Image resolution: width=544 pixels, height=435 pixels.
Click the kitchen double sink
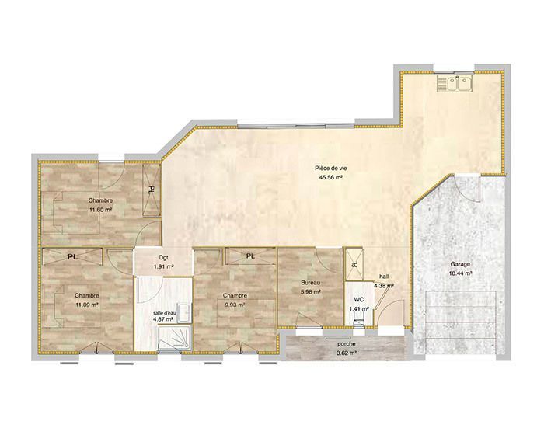tap(455, 83)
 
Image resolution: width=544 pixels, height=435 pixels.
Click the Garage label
tap(461, 264)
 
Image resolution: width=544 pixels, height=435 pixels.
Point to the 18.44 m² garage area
tap(461, 273)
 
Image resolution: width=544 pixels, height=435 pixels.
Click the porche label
tap(347, 344)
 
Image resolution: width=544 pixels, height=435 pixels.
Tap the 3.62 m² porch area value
tap(347, 353)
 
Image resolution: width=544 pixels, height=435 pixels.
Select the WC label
tap(359, 299)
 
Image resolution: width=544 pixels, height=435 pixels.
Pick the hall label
tap(384, 277)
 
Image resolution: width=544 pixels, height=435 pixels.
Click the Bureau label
tap(311, 283)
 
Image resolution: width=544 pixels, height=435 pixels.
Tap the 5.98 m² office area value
tap(311, 292)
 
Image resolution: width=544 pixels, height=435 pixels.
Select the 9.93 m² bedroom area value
tap(235, 305)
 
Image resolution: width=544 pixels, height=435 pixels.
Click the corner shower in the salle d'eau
tap(175, 339)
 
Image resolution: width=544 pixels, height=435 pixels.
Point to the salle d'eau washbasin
tap(184, 313)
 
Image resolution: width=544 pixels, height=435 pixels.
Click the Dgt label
tap(163, 258)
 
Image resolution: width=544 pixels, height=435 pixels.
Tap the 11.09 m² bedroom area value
tap(87, 305)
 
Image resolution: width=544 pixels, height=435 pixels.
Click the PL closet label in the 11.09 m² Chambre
tap(72, 257)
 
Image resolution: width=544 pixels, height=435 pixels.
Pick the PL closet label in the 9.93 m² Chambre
tap(250, 256)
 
